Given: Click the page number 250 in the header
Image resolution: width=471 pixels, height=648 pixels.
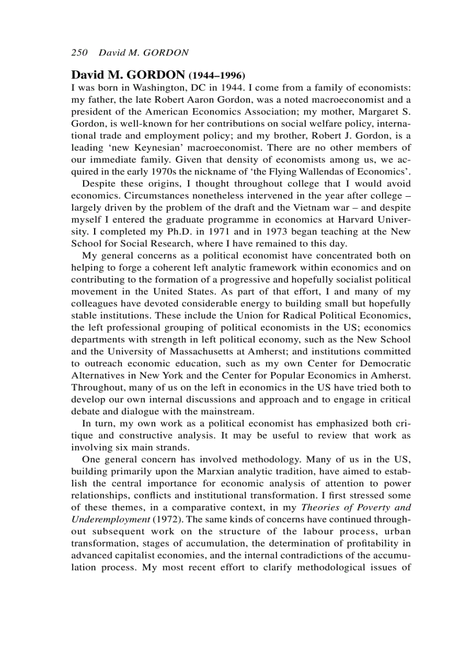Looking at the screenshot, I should click(78, 53).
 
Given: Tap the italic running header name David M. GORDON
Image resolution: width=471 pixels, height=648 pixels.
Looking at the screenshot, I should click(144, 53).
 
